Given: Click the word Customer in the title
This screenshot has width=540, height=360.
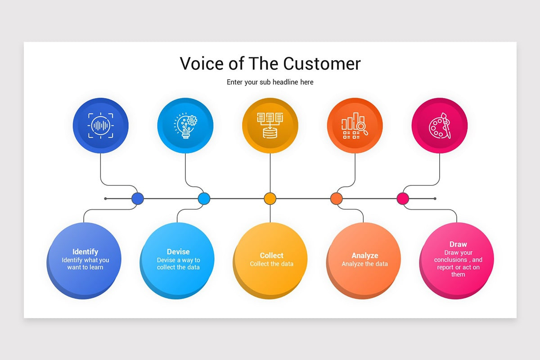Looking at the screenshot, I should click(323, 63).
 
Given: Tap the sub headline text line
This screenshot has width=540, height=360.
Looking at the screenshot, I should click(270, 82).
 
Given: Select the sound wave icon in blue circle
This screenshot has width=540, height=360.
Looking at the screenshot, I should click(101, 126).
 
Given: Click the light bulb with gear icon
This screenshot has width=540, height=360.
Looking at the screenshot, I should click(185, 126).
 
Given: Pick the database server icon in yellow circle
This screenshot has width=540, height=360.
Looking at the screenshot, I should click(270, 126).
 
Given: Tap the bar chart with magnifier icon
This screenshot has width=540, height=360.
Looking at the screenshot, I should click(355, 126).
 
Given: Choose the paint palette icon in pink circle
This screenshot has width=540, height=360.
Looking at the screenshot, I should click(440, 126).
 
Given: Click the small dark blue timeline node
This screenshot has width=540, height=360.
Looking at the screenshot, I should click(137, 198).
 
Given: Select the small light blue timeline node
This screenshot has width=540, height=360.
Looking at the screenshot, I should click(204, 198).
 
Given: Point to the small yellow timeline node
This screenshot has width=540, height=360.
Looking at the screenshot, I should click(270, 198).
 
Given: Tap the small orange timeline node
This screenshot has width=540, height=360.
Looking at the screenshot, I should click(336, 198).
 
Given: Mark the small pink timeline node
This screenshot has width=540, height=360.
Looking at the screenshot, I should click(403, 198).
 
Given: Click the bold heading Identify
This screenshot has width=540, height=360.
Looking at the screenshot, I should click(85, 252).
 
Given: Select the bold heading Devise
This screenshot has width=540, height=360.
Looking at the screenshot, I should click(178, 252).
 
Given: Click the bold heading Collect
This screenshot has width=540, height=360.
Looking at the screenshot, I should click(271, 256).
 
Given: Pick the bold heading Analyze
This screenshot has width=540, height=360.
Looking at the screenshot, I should click(364, 256).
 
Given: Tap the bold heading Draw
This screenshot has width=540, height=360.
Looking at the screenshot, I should click(458, 244).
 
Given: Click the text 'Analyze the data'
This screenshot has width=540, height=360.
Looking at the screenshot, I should click(364, 264).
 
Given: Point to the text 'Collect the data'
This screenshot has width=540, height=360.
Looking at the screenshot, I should click(271, 264).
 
